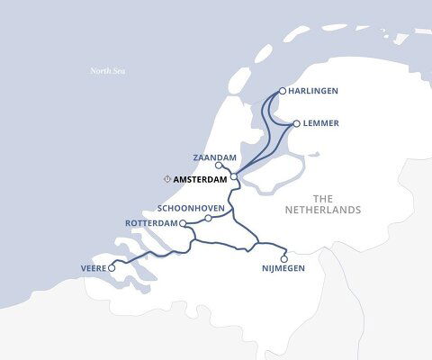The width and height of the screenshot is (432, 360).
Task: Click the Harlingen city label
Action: tap(321, 91)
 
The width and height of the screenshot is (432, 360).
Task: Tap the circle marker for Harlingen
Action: tap(283, 91)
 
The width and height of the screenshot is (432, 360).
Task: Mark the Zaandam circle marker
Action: tap(219, 166)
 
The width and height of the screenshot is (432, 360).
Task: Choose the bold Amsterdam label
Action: tap(199, 178)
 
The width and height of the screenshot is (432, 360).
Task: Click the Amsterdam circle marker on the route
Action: tap(233, 177)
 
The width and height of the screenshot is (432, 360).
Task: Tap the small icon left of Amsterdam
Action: tap(167, 178)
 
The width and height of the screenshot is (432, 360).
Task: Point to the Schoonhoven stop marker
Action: tap(208, 218)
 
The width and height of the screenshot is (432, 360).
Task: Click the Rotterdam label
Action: tap(150, 223)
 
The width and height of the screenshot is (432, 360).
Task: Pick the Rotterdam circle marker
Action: tap(183, 223)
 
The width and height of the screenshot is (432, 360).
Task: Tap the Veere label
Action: tap(93, 267)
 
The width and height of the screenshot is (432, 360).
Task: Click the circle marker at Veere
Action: tap(112, 267)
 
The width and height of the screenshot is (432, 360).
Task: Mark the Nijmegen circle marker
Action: tap(284, 258)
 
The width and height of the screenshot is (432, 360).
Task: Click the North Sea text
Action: tap(106, 71)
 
